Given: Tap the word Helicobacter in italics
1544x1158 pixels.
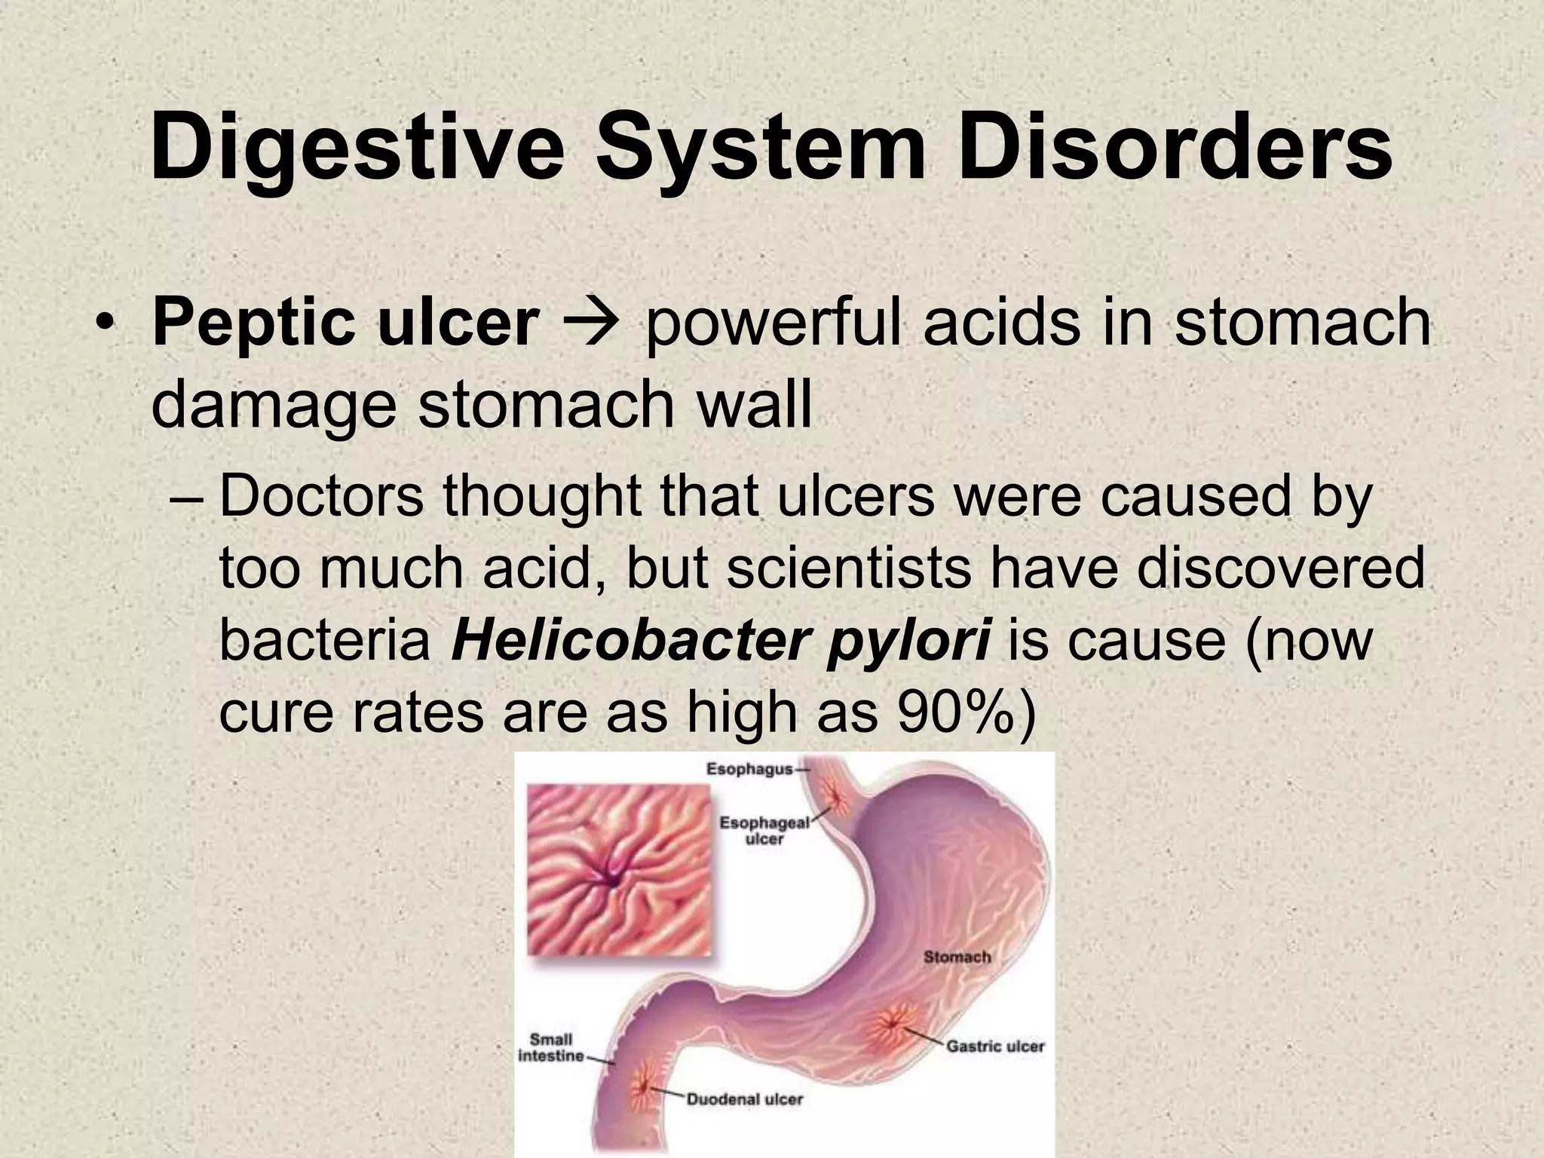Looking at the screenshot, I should (x=634, y=641).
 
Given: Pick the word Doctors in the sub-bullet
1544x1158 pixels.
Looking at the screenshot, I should (x=322, y=498).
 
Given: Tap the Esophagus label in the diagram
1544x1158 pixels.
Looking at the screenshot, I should (x=749, y=769).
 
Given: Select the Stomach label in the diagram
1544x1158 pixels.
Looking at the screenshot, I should (x=957, y=957).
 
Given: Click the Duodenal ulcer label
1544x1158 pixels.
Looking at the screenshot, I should (x=744, y=1099).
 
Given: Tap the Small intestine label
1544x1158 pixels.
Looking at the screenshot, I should (x=551, y=1048).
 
